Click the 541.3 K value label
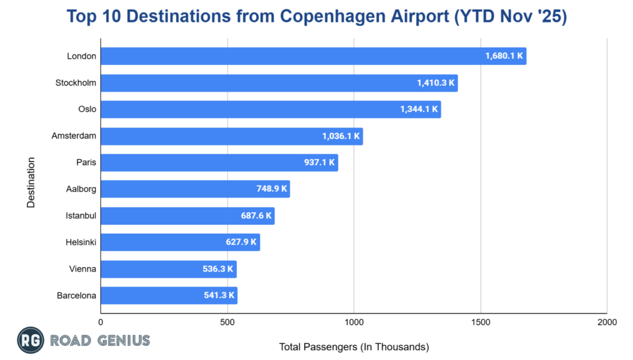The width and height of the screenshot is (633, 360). [219, 296]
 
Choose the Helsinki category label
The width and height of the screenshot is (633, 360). [81, 242]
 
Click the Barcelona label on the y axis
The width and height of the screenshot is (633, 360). [77, 296]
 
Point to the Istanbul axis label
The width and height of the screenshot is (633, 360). [81, 216]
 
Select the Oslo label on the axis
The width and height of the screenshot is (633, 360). [87, 109]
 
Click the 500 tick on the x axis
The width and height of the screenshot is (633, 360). [227, 322]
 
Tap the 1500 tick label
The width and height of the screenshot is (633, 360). [480, 322]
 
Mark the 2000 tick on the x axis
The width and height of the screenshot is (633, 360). [606, 322]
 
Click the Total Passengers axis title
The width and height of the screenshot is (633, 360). [354, 346]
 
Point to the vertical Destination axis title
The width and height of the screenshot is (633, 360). [31, 182]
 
